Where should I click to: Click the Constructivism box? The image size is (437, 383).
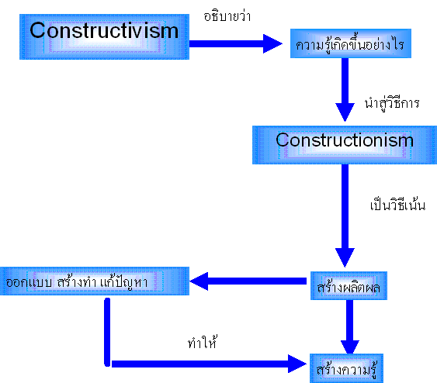tap(104, 36)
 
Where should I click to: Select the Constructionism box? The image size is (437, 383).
tap(345, 145)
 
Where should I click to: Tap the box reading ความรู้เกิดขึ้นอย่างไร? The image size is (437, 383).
tap(351, 43)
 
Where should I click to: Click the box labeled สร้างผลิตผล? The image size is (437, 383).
tap(349, 286)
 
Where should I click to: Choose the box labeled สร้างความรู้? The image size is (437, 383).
tap(346, 368)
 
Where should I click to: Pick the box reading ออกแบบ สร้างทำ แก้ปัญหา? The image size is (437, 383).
tap(95, 281)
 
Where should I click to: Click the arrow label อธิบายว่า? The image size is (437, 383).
tap(227, 16)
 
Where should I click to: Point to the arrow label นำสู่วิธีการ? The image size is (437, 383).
tap(392, 104)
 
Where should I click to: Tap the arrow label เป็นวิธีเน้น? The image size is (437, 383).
tap(397, 204)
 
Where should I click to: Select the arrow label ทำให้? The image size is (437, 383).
tap(203, 342)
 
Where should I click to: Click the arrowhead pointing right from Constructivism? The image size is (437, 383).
tap(272, 43)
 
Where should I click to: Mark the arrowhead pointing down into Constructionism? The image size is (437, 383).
tap(345, 112)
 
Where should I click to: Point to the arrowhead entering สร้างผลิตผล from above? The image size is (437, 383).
tap(345, 257)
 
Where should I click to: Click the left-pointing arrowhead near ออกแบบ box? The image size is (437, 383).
tap(199, 281)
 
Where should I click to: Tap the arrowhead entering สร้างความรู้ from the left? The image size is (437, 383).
tap(297, 364)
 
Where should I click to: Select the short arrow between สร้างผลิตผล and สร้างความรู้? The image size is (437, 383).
tap(350, 326)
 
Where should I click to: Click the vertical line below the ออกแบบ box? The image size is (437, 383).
tap(107, 332)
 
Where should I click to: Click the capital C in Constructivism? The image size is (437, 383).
tap(37, 30)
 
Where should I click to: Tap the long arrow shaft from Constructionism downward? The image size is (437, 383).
tap(345, 206)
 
